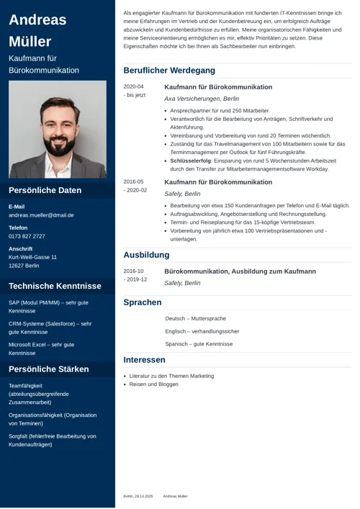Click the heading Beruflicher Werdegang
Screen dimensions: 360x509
pyautogui.click(x=169, y=71)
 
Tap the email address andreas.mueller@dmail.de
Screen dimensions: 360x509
pyautogui.click(x=41, y=215)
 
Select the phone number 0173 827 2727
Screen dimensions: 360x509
pyautogui.click(x=27, y=236)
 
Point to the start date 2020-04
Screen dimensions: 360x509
pyautogui.click(x=133, y=86)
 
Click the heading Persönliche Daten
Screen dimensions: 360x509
pyautogui.click(x=45, y=191)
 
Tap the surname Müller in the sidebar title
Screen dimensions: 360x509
pyautogui.click(x=30, y=41)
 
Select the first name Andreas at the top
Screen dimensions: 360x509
pyautogui.click(x=37, y=20)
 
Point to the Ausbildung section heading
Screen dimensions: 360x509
pyautogui.click(x=146, y=255)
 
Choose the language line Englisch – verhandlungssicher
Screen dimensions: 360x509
pyautogui.click(x=202, y=331)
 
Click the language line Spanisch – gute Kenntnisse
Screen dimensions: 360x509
pyautogui.click(x=199, y=344)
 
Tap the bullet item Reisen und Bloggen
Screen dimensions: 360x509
pyautogui.click(x=153, y=384)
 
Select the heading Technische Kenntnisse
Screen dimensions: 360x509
pyautogui.click(x=55, y=286)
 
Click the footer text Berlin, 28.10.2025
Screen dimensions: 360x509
pyautogui.click(x=138, y=496)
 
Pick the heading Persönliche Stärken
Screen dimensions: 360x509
pyautogui.click(x=49, y=369)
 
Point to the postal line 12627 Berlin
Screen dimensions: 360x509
pyautogui.click(x=24, y=266)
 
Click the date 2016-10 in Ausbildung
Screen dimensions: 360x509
pyautogui.click(x=133, y=271)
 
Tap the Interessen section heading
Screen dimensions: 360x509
pyautogui.click(x=144, y=360)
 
